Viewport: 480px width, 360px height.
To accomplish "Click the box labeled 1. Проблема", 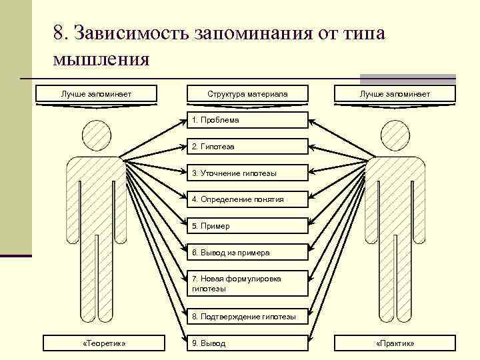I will pyautogui.click(x=247, y=120).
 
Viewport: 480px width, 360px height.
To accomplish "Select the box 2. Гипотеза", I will pyautogui.click(x=247, y=146).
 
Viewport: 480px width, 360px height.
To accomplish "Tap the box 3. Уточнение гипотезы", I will pyautogui.click(x=247, y=173).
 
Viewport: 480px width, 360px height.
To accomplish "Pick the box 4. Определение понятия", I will pyautogui.click(x=247, y=199).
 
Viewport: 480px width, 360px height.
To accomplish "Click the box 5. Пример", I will pyautogui.click(x=247, y=226).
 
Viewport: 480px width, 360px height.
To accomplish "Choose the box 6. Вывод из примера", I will pyautogui.click(x=247, y=253).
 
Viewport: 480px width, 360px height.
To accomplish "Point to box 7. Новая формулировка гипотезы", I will pyautogui.click(x=247, y=283).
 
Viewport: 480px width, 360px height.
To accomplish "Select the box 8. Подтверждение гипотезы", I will pyautogui.click(x=247, y=316).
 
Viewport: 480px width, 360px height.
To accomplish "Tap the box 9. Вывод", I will pyautogui.click(x=247, y=343).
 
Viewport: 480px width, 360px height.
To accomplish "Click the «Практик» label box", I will pyautogui.click(x=395, y=343).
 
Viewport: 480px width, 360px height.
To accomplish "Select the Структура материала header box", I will pyautogui.click(x=247, y=94).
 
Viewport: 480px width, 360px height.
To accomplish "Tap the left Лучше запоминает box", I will pyautogui.click(x=96, y=94).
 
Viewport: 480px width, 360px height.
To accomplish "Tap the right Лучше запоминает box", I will pyautogui.click(x=395, y=94).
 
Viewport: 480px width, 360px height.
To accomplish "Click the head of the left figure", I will pyautogui.click(x=97, y=137).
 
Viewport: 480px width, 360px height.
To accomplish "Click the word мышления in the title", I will pyautogui.click(x=101, y=59).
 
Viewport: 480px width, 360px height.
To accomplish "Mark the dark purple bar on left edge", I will pyautogui.click(x=16, y=255).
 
